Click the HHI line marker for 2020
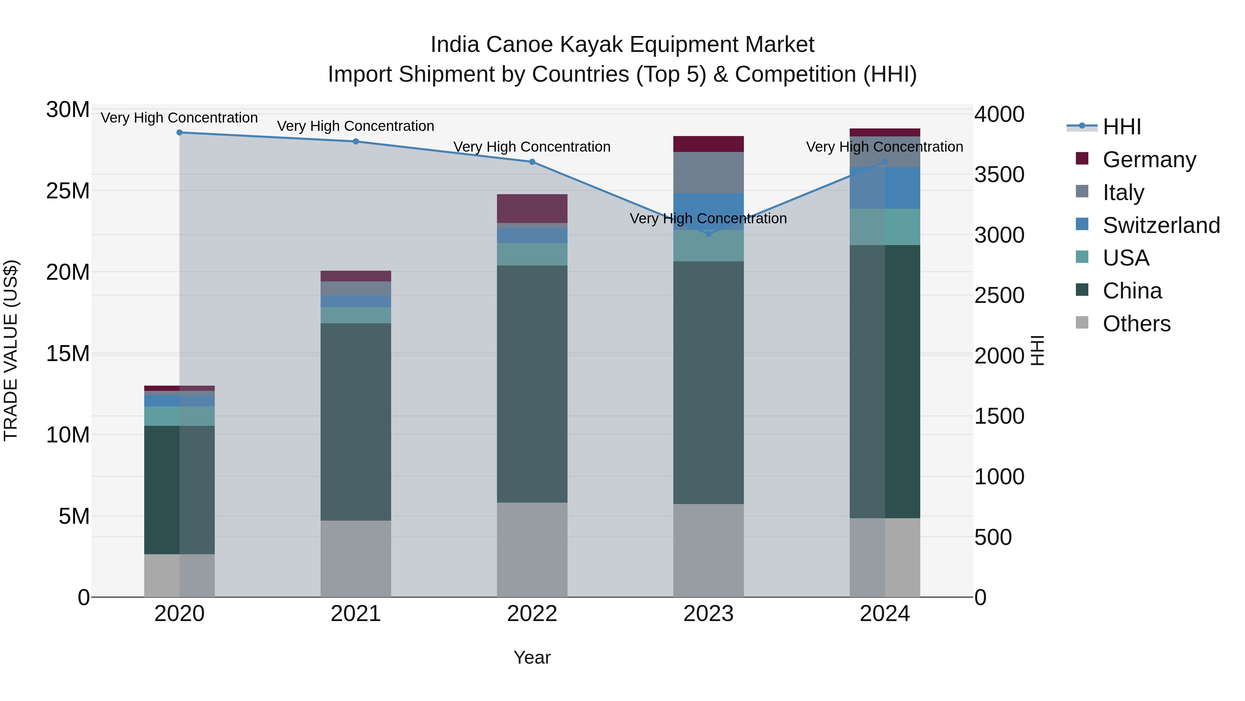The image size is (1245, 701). pos(179,133)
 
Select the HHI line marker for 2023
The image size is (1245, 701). pos(709,234)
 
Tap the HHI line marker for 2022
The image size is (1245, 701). pos(532,162)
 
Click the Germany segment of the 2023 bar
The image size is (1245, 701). pos(709,144)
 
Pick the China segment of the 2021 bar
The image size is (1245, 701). pos(356,422)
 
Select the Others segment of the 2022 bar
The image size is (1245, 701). pos(532,550)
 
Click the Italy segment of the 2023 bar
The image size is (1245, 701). pos(709,173)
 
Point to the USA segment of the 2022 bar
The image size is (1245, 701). pos(532,254)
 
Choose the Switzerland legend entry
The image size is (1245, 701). pos(1161,225)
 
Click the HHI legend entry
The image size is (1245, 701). pos(1121,127)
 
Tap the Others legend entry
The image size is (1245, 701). pos(1136,324)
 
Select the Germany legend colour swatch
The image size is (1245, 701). pos(1082,159)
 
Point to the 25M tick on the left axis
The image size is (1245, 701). pos(68,191)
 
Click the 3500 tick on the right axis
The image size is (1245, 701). pos(999,175)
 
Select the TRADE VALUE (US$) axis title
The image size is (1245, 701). pos(11,350)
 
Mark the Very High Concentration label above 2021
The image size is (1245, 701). pos(356,126)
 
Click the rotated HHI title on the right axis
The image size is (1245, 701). pos(1037,350)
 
